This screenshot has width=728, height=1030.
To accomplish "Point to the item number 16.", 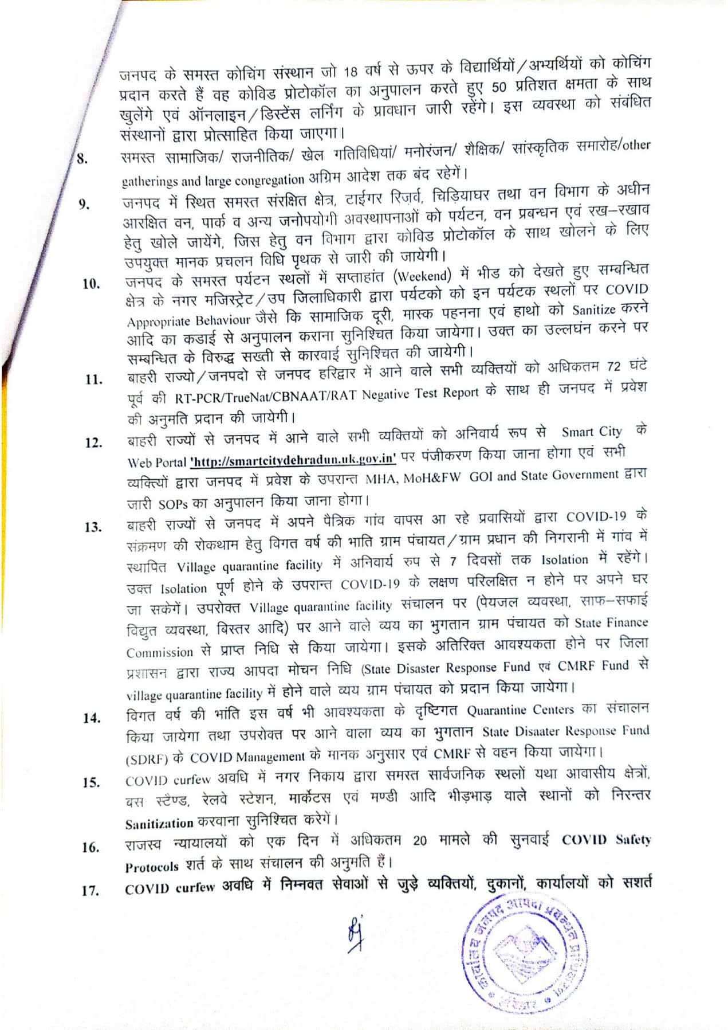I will pyautogui.click(x=90, y=848).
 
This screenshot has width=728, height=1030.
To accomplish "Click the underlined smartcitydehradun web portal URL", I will pyautogui.click(x=293, y=460).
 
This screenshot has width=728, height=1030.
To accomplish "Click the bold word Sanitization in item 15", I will pyautogui.click(x=159, y=823).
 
